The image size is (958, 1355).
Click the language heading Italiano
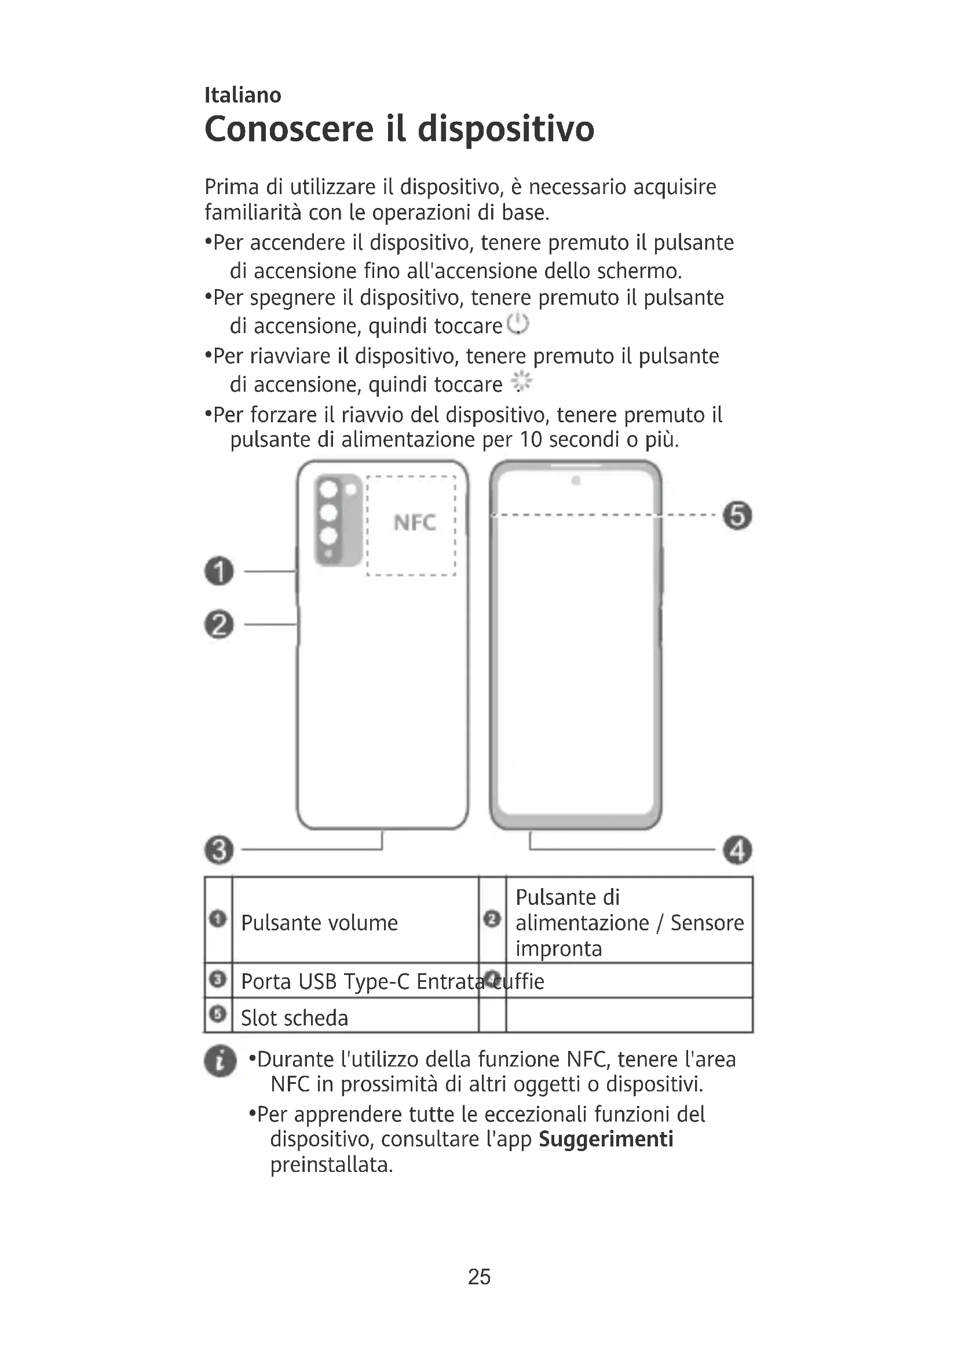point(243,95)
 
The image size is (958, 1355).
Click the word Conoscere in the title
point(289,129)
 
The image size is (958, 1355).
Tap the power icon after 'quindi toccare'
point(518,324)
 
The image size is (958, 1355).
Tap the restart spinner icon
point(521,382)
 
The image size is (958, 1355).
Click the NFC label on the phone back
point(415,523)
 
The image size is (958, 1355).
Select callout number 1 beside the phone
point(220,571)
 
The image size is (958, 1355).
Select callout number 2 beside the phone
point(220,624)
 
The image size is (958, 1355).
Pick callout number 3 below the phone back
point(220,850)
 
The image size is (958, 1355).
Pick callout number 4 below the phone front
point(737,850)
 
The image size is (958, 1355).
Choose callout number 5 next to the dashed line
point(737,515)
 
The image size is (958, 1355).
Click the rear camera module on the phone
point(338,519)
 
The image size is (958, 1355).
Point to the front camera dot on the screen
point(576,481)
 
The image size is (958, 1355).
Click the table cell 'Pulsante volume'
point(319,923)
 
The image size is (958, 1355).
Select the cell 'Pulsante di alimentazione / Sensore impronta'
point(629,923)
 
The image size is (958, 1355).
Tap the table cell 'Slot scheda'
point(294,1018)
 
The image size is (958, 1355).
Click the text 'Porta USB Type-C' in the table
point(326,981)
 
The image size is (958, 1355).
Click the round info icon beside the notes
point(220,1061)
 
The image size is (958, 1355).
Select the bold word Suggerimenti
point(606,1139)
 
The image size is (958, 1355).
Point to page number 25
point(479,1277)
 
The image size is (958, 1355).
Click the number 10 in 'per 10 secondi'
point(531,440)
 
